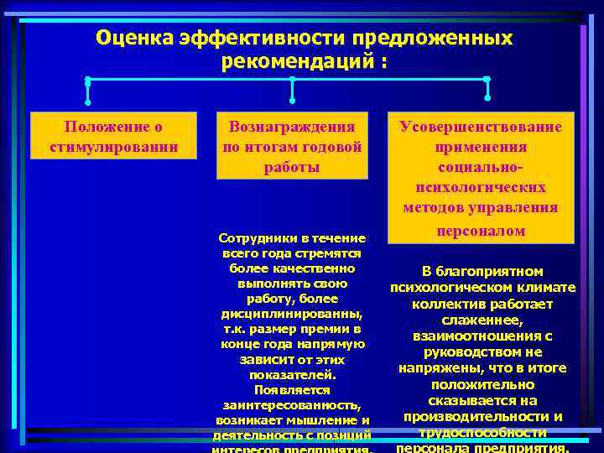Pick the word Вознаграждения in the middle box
[292, 127]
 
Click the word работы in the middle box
[292, 167]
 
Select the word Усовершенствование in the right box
[481, 127]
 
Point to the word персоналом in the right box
[481, 230]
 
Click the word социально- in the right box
[481, 167]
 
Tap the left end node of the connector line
[88, 81]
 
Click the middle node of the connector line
[292, 81]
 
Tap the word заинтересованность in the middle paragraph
[291, 404]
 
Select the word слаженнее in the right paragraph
[482, 320]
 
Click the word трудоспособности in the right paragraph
[482, 433]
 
